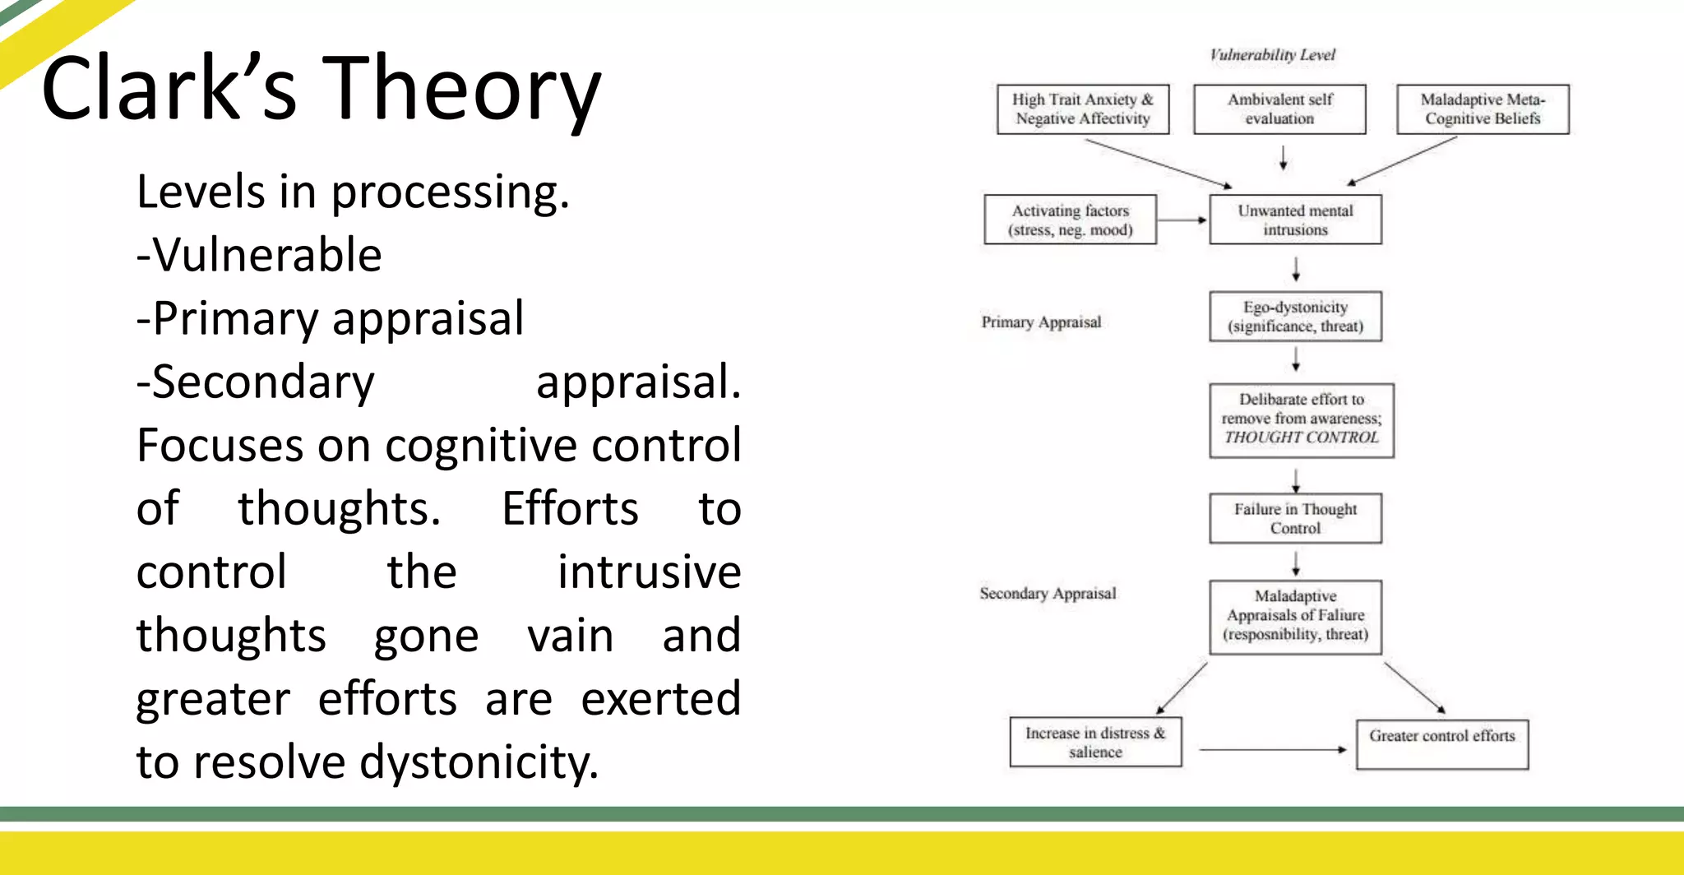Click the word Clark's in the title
tap(169, 89)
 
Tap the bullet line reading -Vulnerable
tap(259, 255)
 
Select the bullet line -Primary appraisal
tap(330, 319)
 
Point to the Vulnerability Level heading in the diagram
tap(1272, 55)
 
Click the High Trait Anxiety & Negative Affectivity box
tap(1082, 109)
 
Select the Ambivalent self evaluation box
tap(1279, 109)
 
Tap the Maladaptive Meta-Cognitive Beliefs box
tap(1483, 109)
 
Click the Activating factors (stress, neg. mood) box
tap(1070, 220)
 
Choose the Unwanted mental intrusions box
tap(1295, 220)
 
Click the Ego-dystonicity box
tap(1295, 316)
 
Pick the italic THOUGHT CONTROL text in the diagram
tap(1301, 437)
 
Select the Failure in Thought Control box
tap(1295, 518)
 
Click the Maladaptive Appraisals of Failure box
tap(1295, 616)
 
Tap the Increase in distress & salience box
tap(1095, 742)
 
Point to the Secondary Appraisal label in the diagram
tap(1048, 594)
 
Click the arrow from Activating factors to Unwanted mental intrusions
tap(1182, 220)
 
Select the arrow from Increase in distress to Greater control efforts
tap(1271, 749)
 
